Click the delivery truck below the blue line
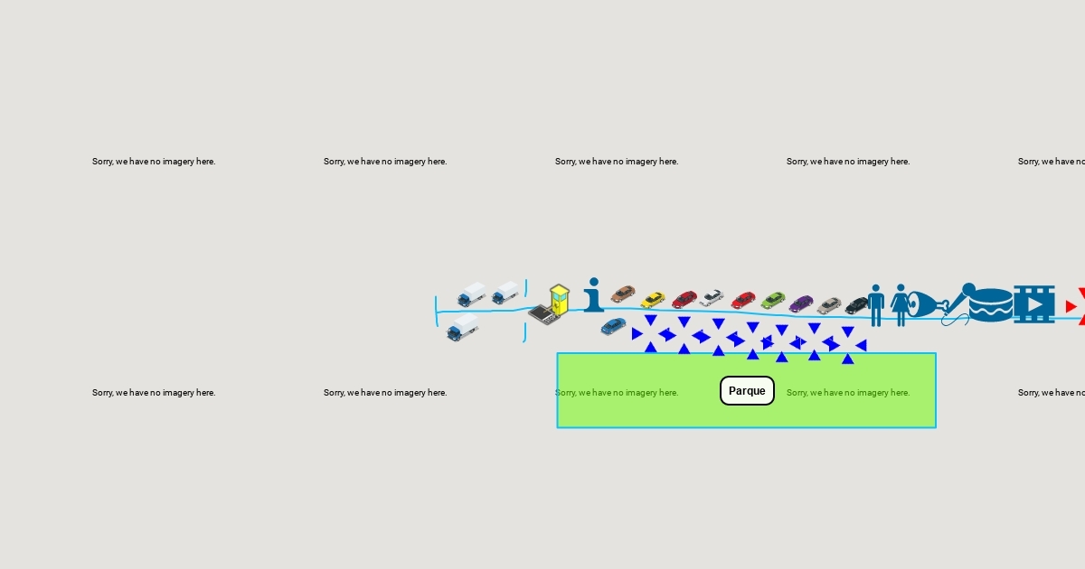click(462, 327)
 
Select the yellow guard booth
click(560, 299)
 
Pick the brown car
click(623, 294)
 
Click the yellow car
click(653, 300)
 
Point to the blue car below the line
click(613, 326)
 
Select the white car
click(712, 297)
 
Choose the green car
click(773, 300)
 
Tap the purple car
click(801, 303)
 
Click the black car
click(857, 306)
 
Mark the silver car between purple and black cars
click(829, 305)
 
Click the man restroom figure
click(875, 304)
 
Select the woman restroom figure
click(901, 304)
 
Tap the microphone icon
click(958, 303)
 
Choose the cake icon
click(991, 304)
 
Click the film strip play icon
click(1033, 304)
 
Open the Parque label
click(747, 391)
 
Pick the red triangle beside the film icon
click(1071, 306)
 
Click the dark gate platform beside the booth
click(543, 314)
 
